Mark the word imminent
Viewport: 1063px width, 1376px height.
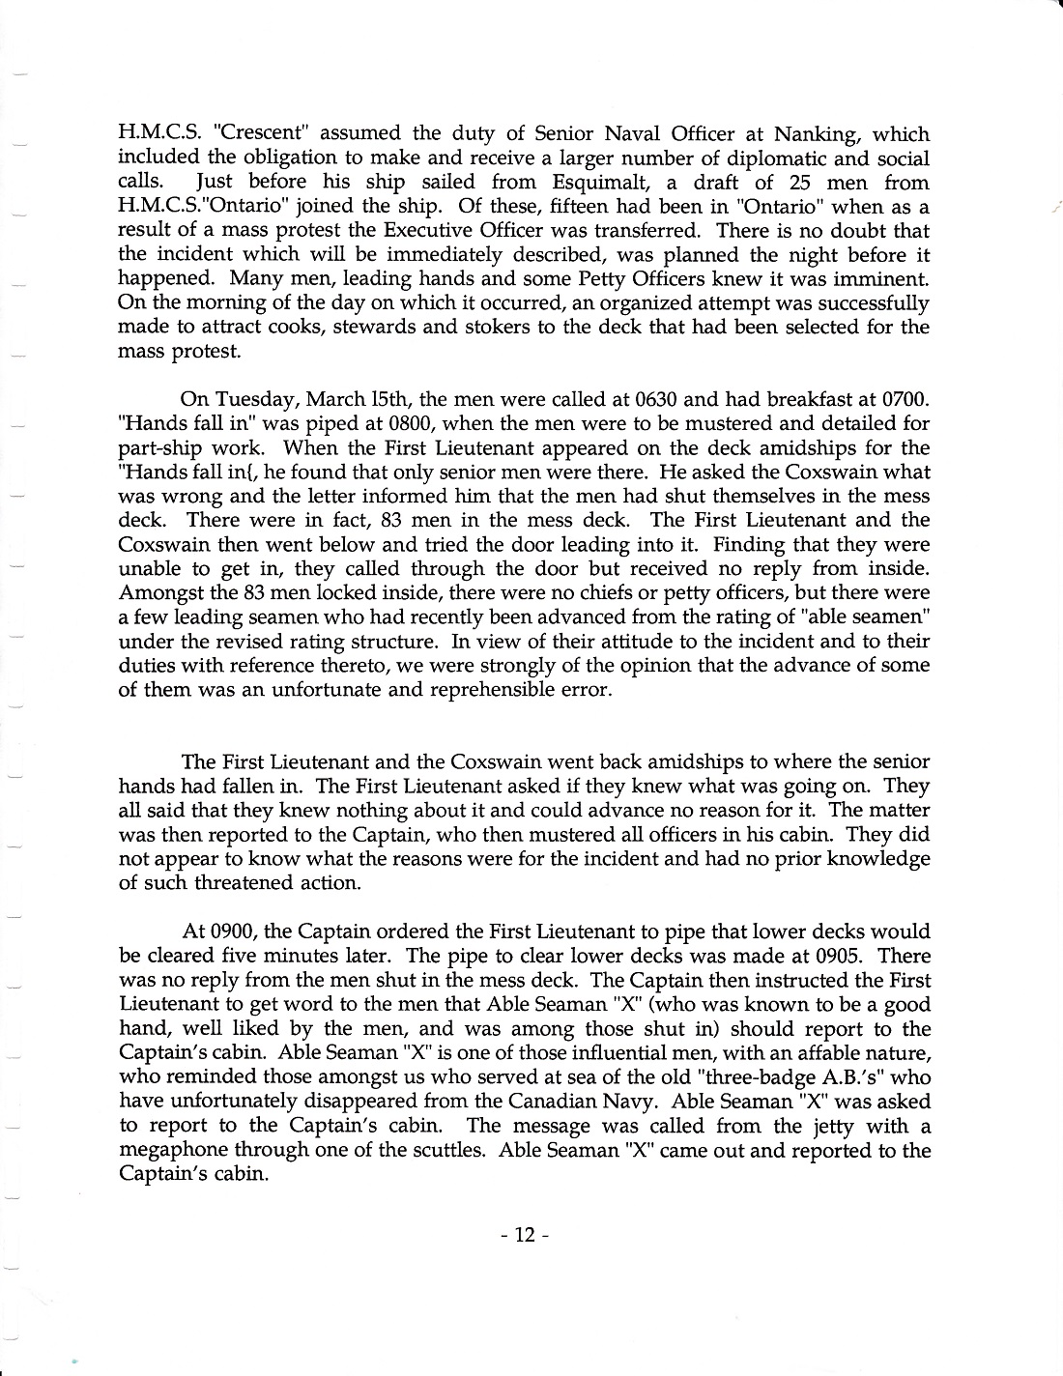pos(880,278)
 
